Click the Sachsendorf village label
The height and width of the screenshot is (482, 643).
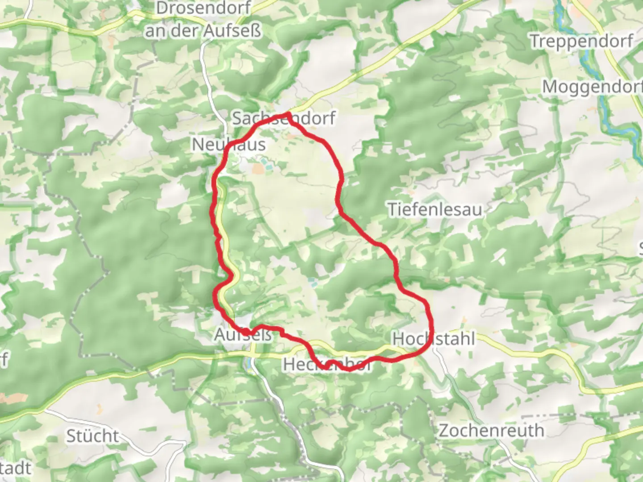(x=284, y=119)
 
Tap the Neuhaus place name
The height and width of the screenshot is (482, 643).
(x=229, y=145)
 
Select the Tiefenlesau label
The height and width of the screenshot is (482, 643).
(x=435, y=209)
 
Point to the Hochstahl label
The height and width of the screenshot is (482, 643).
(x=434, y=339)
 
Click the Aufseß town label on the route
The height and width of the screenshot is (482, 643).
(x=243, y=334)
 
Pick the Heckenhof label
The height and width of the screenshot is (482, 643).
(x=327, y=365)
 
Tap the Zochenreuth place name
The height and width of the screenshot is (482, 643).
(x=491, y=431)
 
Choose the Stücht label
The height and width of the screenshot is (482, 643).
(x=93, y=436)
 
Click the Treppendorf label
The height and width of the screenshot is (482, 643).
(x=581, y=42)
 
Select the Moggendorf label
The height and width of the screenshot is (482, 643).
(x=592, y=87)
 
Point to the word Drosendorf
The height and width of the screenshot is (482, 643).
(x=204, y=8)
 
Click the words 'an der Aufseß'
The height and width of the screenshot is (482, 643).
(x=203, y=31)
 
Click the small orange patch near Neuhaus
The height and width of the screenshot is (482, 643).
(x=258, y=169)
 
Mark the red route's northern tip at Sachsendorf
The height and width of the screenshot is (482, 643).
(x=288, y=115)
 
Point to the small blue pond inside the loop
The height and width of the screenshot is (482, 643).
(x=313, y=282)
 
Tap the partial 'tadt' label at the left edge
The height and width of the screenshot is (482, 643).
(x=16, y=468)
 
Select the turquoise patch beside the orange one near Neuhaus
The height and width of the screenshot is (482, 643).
(x=266, y=162)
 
